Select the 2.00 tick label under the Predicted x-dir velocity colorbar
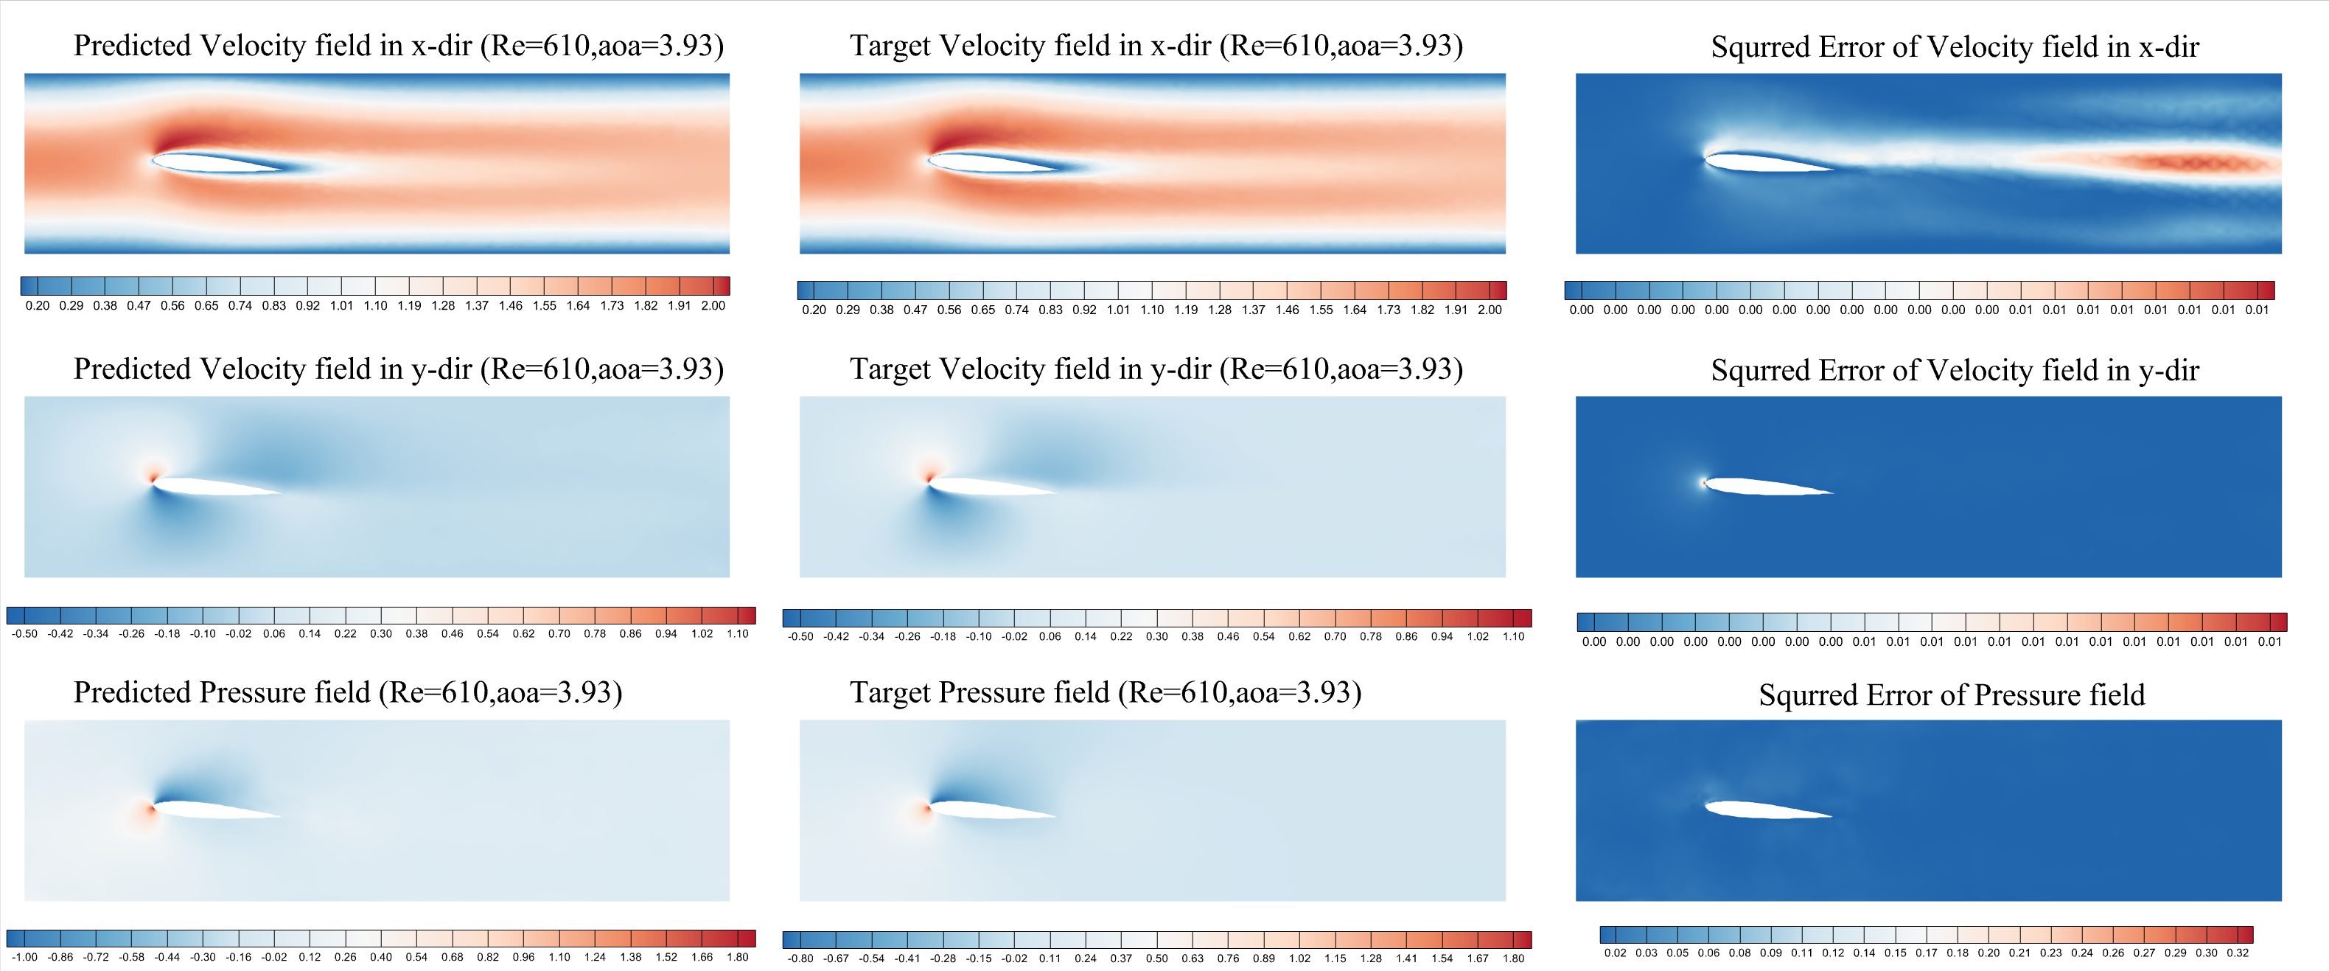(713, 305)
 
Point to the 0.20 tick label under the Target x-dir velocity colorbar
(814, 310)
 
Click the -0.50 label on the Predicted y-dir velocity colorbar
(24, 634)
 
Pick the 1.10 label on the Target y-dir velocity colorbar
(1514, 636)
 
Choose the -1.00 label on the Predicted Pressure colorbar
(24, 956)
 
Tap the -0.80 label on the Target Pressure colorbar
(800, 958)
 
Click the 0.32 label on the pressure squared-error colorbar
(2237, 953)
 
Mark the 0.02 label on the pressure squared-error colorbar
(1615, 953)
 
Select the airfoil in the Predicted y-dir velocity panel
(212, 487)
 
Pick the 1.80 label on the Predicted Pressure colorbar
(737, 956)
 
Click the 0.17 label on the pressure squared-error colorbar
(1926, 953)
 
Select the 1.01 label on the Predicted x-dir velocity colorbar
(342, 305)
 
